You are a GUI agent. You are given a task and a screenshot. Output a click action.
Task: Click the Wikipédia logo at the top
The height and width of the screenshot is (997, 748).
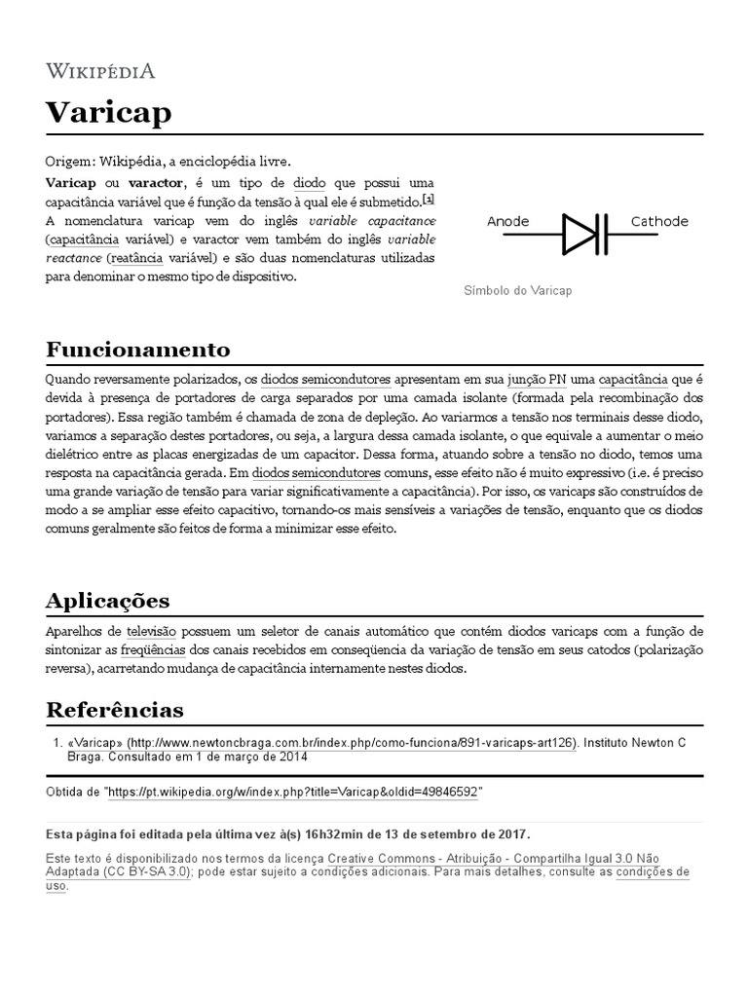coord(100,71)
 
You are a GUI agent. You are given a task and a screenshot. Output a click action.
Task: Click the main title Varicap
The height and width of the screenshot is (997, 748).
coord(108,112)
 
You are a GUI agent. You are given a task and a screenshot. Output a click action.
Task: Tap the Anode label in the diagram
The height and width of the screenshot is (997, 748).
coord(507,221)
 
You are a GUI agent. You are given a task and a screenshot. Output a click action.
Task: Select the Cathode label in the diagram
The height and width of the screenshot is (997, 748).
coord(659,221)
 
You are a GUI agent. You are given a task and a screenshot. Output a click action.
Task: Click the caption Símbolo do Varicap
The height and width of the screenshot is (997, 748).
coord(517,291)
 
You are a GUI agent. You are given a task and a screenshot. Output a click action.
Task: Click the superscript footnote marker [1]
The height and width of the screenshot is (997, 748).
coord(429,199)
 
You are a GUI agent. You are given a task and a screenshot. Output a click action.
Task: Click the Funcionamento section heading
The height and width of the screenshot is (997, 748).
coord(138,350)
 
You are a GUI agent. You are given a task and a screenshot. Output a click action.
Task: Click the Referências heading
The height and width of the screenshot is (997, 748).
coord(115,708)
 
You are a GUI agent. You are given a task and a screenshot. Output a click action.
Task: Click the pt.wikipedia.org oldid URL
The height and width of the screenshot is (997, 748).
coord(295,793)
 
